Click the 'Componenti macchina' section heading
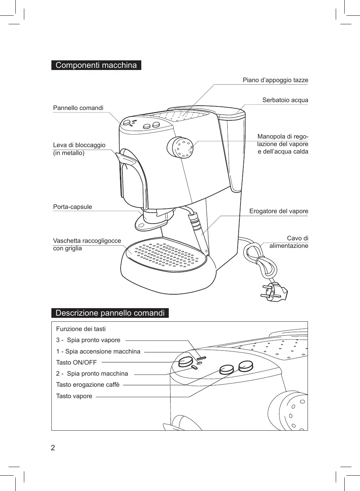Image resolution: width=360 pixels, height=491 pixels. (96, 65)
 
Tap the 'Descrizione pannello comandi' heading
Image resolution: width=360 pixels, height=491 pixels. (110, 313)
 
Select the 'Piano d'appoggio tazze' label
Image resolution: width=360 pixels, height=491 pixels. (275, 80)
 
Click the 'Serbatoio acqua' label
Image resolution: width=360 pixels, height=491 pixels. (285, 100)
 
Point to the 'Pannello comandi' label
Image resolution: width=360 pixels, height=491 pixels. (78, 108)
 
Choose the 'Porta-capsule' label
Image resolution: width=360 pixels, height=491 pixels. (72, 207)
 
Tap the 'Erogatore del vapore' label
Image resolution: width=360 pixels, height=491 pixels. (278, 211)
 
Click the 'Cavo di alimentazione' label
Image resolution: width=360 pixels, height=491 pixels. (289, 242)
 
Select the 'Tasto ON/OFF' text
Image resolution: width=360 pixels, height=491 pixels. (76, 362)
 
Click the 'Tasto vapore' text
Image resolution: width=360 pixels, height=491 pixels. (74, 396)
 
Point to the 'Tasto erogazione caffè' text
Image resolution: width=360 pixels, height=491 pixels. (88, 385)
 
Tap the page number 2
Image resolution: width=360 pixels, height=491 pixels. (53, 448)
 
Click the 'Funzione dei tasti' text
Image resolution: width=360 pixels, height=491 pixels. (81, 329)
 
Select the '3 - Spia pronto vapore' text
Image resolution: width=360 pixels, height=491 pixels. (88, 340)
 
